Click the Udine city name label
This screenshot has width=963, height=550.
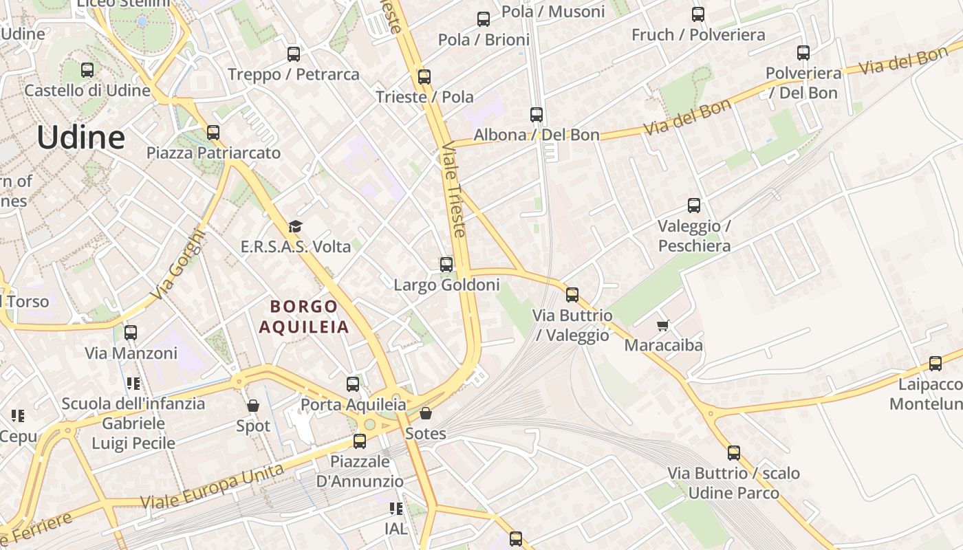tap(81, 137)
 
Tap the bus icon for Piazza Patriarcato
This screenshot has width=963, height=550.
tap(213, 132)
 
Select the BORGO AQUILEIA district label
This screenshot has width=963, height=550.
tap(304, 316)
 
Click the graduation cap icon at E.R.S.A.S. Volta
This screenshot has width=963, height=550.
tap(295, 225)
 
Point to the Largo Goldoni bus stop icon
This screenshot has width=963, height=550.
tap(446, 264)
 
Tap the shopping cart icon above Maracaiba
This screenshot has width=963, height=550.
tap(662, 324)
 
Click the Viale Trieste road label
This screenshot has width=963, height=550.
tap(454, 190)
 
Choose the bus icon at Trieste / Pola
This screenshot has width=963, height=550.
tap(424, 76)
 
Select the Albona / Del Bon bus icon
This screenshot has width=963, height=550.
tap(537, 115)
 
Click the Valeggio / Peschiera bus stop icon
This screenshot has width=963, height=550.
tap(694, 205)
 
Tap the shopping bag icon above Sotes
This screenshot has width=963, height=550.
tap(426, 413)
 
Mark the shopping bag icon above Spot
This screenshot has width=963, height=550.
tap(253, 406)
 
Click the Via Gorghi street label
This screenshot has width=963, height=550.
tap(177, 264)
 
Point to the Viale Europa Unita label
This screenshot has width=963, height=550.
tap(212, 486)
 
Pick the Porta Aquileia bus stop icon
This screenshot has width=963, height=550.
tap(353, 384)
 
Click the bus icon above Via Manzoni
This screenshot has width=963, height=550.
tap(131, 333)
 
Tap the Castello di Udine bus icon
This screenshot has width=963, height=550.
tap(87, 69)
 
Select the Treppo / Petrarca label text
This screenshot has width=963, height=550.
tap(294, 74)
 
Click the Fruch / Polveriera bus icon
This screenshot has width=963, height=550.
tap(698, 14)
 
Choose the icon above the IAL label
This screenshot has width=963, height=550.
tap(396, 509)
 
